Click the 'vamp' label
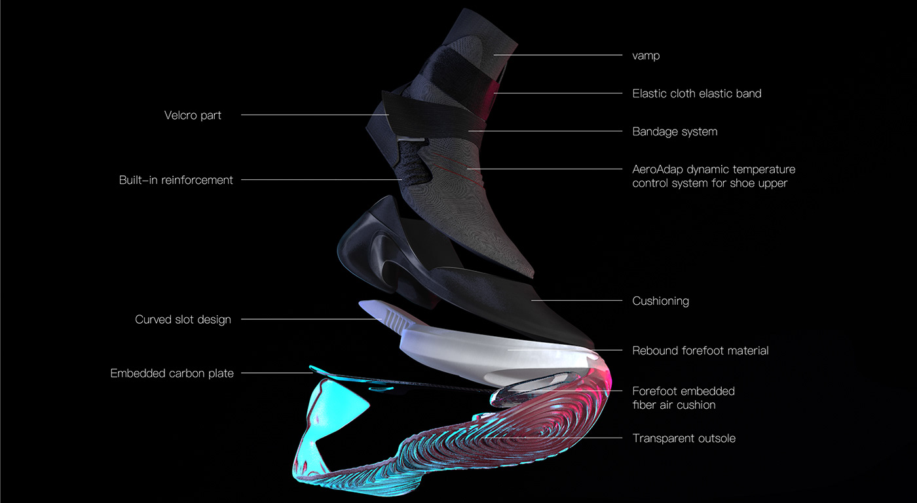click(x=646, y=56)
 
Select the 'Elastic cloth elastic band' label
click(x=696, y=94)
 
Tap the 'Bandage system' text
click(x=675, y=131)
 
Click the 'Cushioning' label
click(x=660, y=301)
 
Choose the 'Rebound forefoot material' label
click(x=700, y=351)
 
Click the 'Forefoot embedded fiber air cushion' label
click(x=683, y=398)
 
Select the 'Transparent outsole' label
click(x=684, y=438)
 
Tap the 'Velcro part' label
click(x=193, y=116)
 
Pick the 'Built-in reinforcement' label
click(x=176, y=180)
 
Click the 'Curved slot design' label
click(x=183, y=320)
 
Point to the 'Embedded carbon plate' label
click(x=172, y=373)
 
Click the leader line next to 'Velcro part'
click(x=308, y=115)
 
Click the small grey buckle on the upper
click(x=414, y=139)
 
